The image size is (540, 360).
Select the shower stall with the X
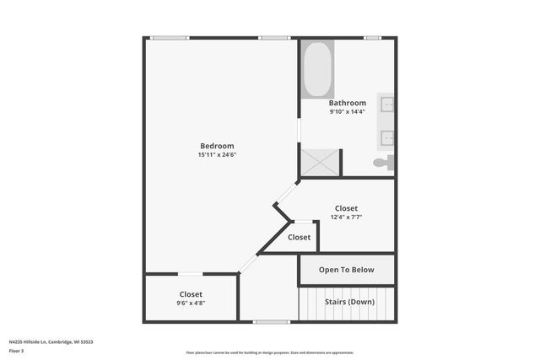tap(321, 161)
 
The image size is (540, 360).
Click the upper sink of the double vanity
tap(389, 105)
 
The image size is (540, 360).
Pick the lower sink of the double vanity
tap(389, 137)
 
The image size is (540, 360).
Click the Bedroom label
tap(217, 146)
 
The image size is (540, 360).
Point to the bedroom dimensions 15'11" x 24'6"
tap(217, 155)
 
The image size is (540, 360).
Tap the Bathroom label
tap(348, 103)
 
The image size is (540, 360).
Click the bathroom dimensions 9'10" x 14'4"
tap(348, 111)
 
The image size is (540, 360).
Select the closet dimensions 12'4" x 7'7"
tap(346, 218)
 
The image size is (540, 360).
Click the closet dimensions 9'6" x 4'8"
tap(191, 303)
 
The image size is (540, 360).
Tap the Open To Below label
tap(346, 271)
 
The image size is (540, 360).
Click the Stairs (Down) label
tap(349, 301)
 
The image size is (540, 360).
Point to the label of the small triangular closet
tap(299, 238)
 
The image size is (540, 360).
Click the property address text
tap(51, 341)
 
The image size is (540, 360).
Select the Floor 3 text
tap(17, 351)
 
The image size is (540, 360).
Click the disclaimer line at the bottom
tap(270, 352)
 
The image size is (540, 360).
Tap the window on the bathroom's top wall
tap(372, 38)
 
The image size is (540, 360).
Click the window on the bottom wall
tap(272, 321)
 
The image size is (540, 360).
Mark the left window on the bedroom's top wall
tap(170, 38)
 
